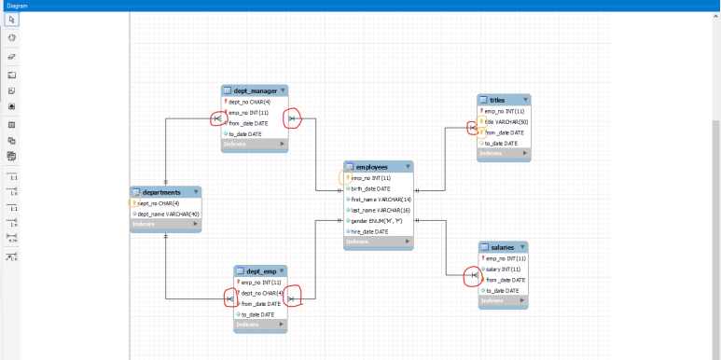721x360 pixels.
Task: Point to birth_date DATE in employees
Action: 372,188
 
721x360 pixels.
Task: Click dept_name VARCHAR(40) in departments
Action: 169,214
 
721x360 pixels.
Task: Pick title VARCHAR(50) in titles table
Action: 506,121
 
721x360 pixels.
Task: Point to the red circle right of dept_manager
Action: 293,119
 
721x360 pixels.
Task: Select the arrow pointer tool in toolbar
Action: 11,20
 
